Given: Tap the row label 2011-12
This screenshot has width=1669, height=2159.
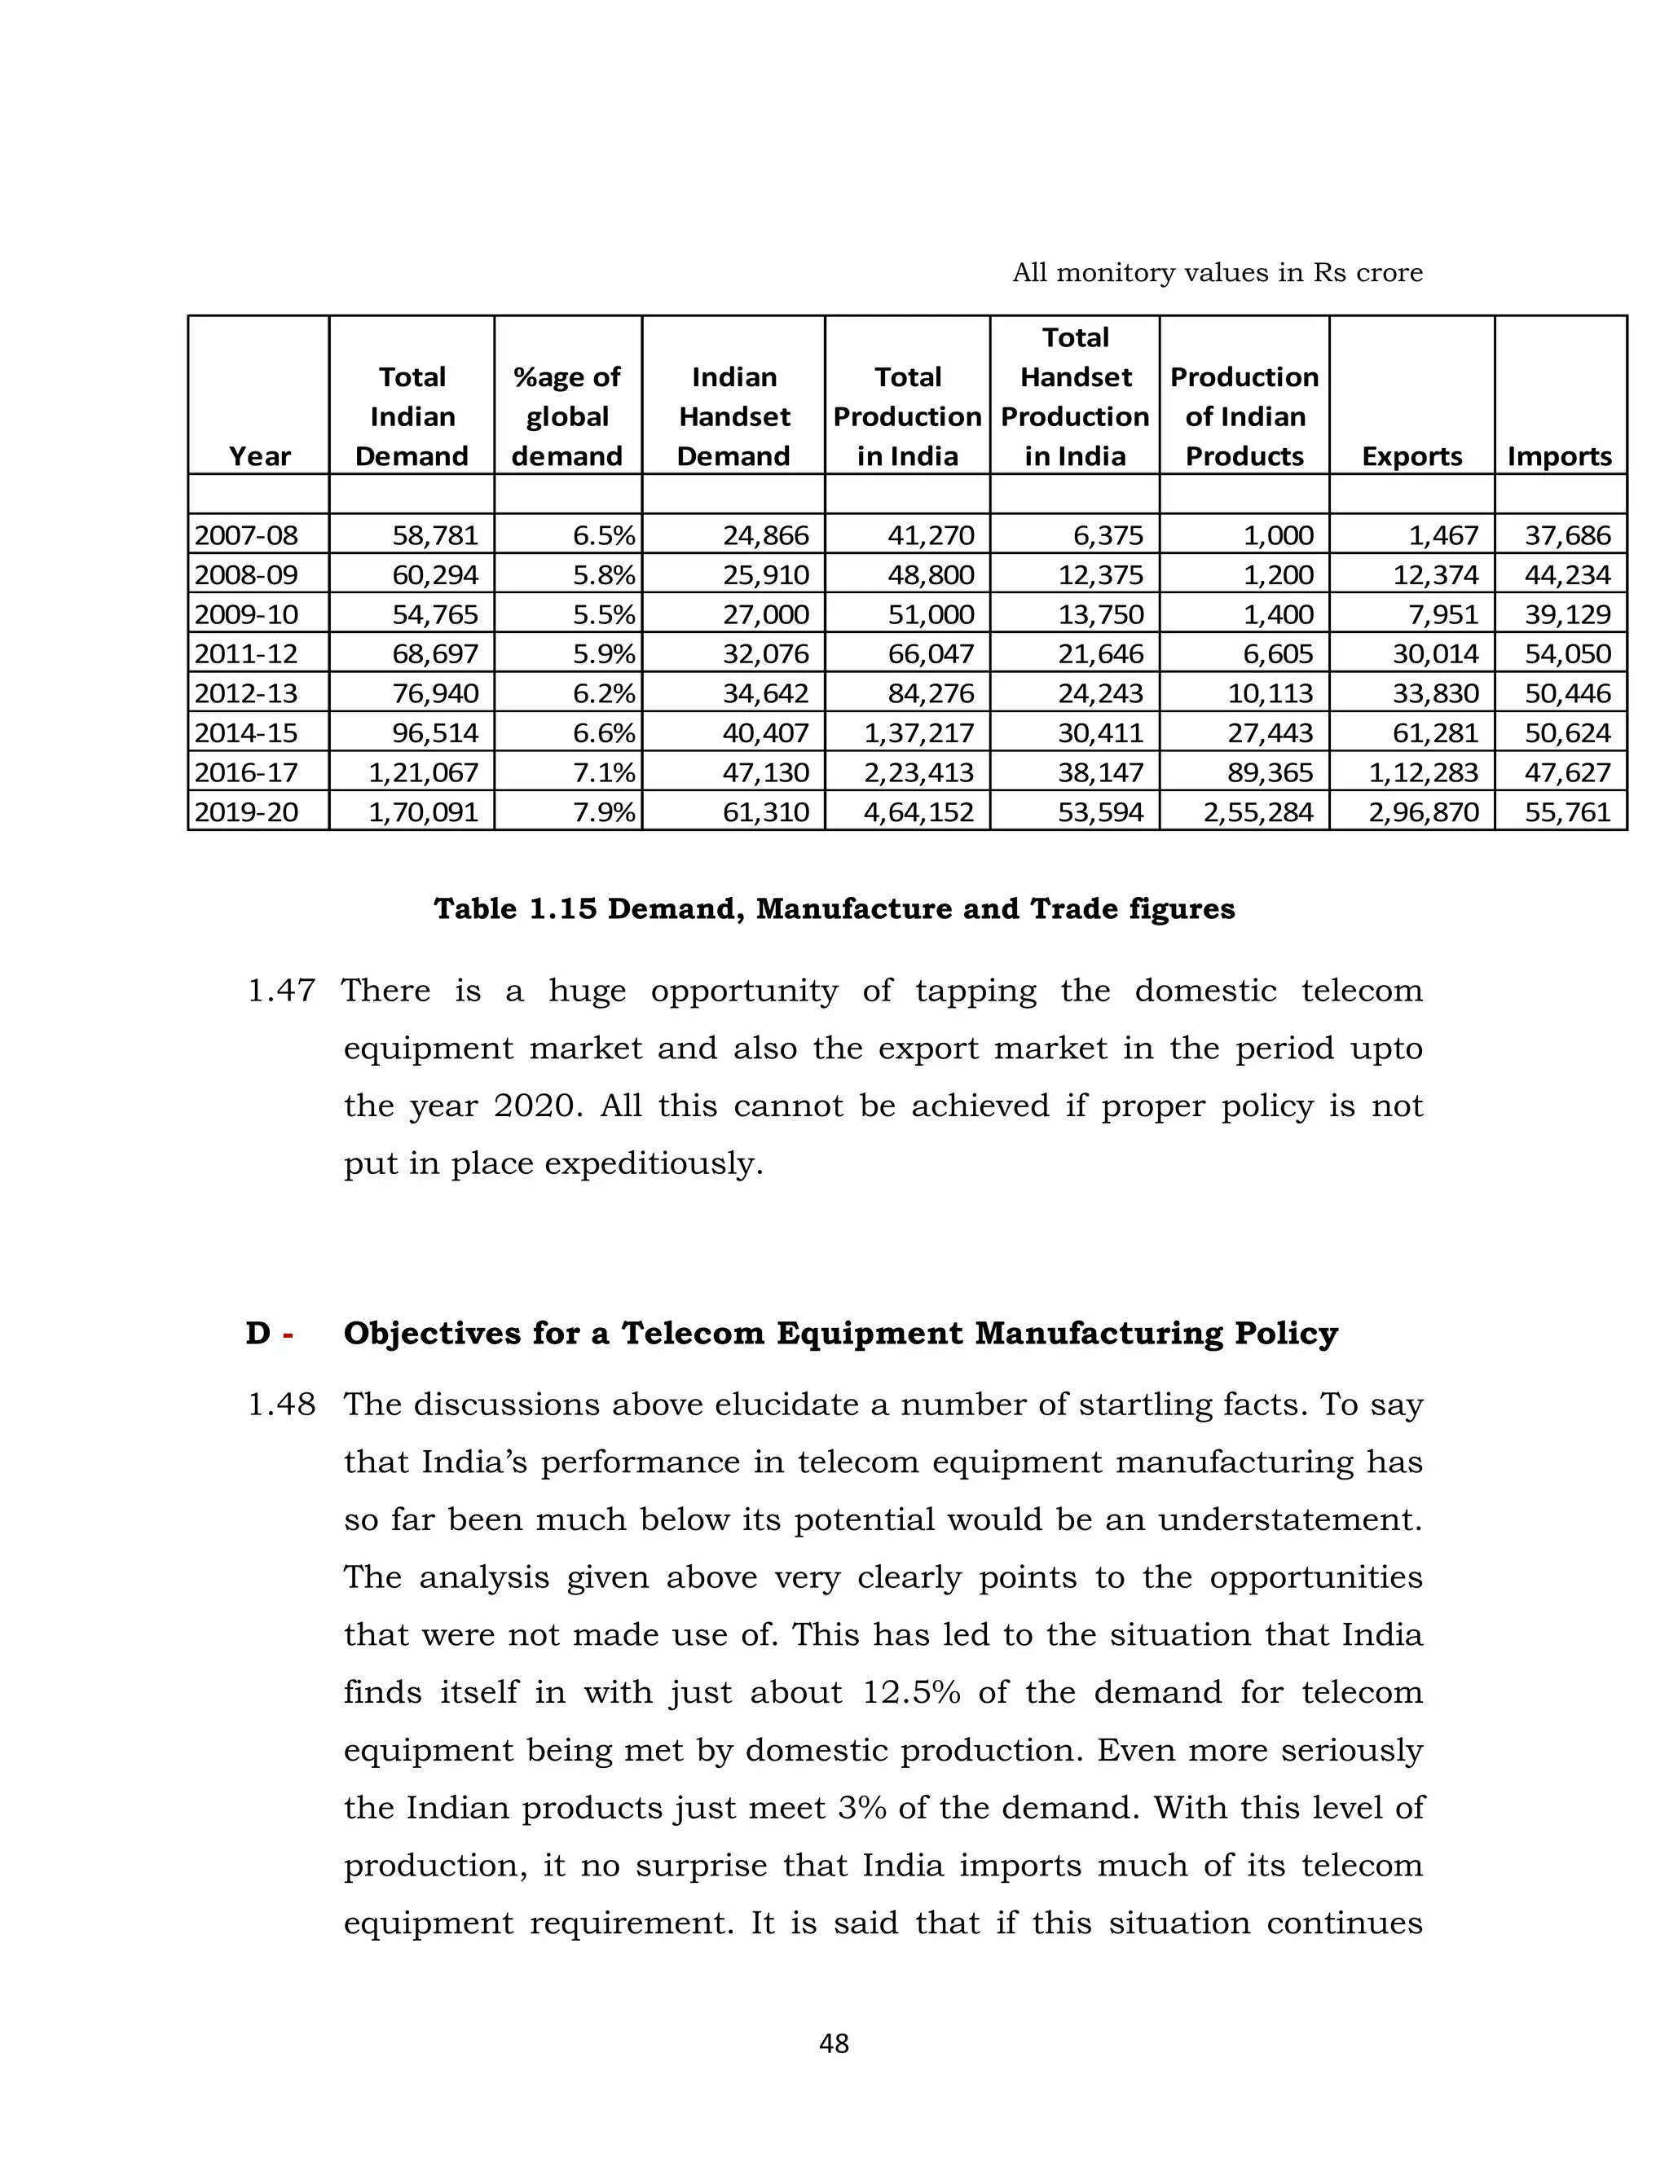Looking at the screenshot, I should click(246, 653).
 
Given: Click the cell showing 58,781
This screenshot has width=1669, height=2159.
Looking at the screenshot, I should click(435, 534).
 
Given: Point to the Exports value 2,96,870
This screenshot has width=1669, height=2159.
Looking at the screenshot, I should click(1424, 811).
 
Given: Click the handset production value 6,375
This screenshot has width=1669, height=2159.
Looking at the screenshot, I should click(1108, 534).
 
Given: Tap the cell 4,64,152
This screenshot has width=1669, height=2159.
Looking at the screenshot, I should click(918, 811).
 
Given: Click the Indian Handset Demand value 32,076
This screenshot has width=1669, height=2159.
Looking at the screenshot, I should click(765, 653).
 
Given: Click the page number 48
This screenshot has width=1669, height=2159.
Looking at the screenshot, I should click(834, 2043).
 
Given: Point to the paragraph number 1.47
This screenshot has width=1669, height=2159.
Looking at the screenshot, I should click(281, 990).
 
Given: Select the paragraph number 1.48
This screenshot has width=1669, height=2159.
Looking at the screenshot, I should click(281, 1404).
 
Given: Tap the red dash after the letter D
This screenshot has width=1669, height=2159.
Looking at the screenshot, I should click(288, 1335).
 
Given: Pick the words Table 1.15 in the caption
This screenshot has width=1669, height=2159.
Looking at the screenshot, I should click(515, 908).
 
